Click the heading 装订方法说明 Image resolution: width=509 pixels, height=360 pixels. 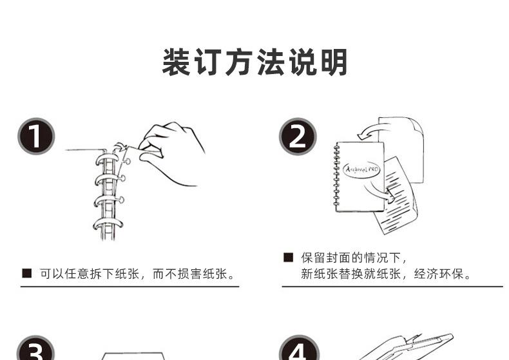pyautogui.click(x=255, y=62)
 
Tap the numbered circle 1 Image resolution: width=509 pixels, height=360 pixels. pyautogui.click(x=36, y=137)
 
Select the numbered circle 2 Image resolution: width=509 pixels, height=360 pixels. pyautogui.click(x=298, y=137)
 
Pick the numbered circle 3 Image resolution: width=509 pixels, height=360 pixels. pyautogui.click(x=35, y=348)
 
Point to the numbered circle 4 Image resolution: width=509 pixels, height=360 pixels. pyautogui.click(x=298, y=348)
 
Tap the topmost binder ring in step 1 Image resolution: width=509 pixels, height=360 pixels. pyautogui.click(x=106, y=160)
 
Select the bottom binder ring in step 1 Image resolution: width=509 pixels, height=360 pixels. pyautogui.click(x=108, y=223)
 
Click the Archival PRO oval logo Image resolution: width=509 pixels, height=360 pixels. pyautogui.click(x=361, y=169)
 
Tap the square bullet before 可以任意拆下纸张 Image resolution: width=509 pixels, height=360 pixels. pyautogui.click(x=27, y=274)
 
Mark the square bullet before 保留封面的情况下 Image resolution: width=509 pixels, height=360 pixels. pyautogui.click(x=288, y=258)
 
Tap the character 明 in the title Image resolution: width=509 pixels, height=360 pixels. pyautogui.click(x=334, y=62)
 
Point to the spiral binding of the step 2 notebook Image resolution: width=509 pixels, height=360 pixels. pyautogui.click(x=336, y=176)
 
